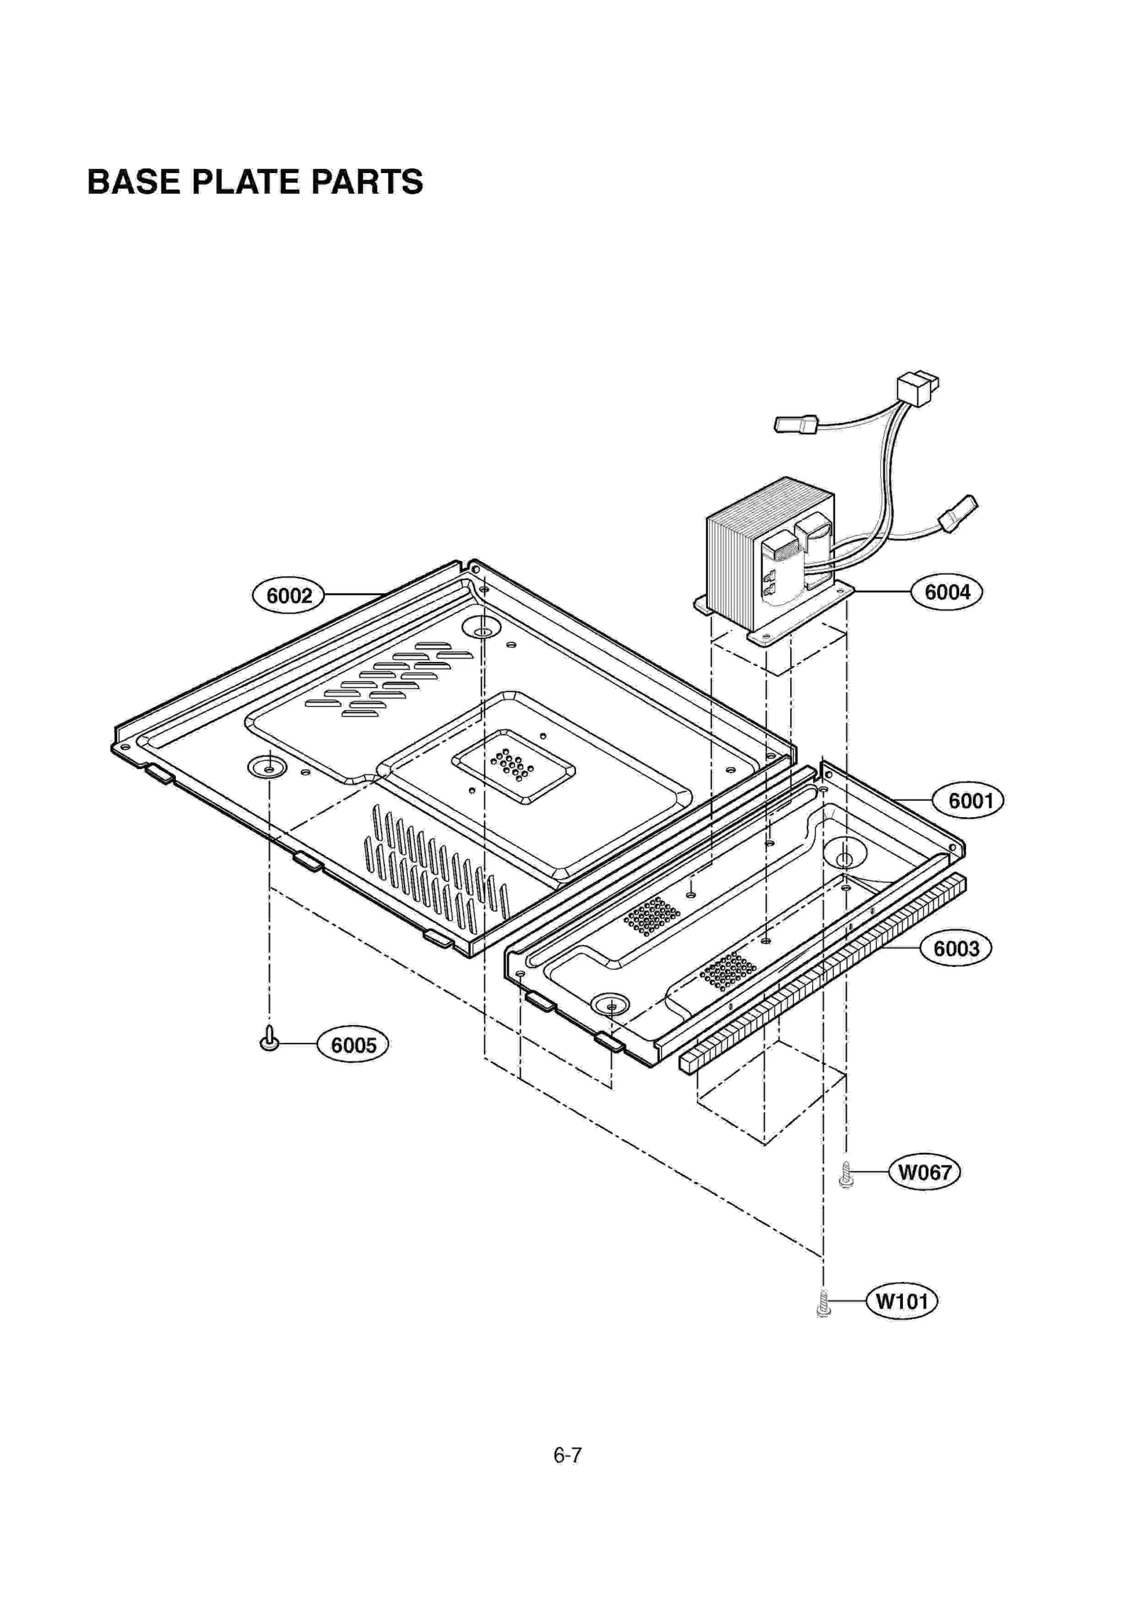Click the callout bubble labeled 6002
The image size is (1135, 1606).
(x=288, y=595)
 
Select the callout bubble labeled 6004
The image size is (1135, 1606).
(x=946, y=591)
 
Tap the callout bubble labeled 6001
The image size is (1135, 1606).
(x=970, y=800)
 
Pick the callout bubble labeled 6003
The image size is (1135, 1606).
(x=956, y=948)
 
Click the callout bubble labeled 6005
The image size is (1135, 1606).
(x=353, y=1045)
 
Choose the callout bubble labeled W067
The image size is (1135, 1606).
(x=924, y=1172)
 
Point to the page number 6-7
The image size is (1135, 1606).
(x=567, y=1456)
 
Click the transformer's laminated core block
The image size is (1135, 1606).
(x=738, y=560)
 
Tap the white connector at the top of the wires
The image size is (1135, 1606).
(x=917, y=389)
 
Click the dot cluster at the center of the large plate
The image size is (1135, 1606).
(x=511, y=765)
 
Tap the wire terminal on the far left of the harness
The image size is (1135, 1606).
(x=795, y=425)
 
